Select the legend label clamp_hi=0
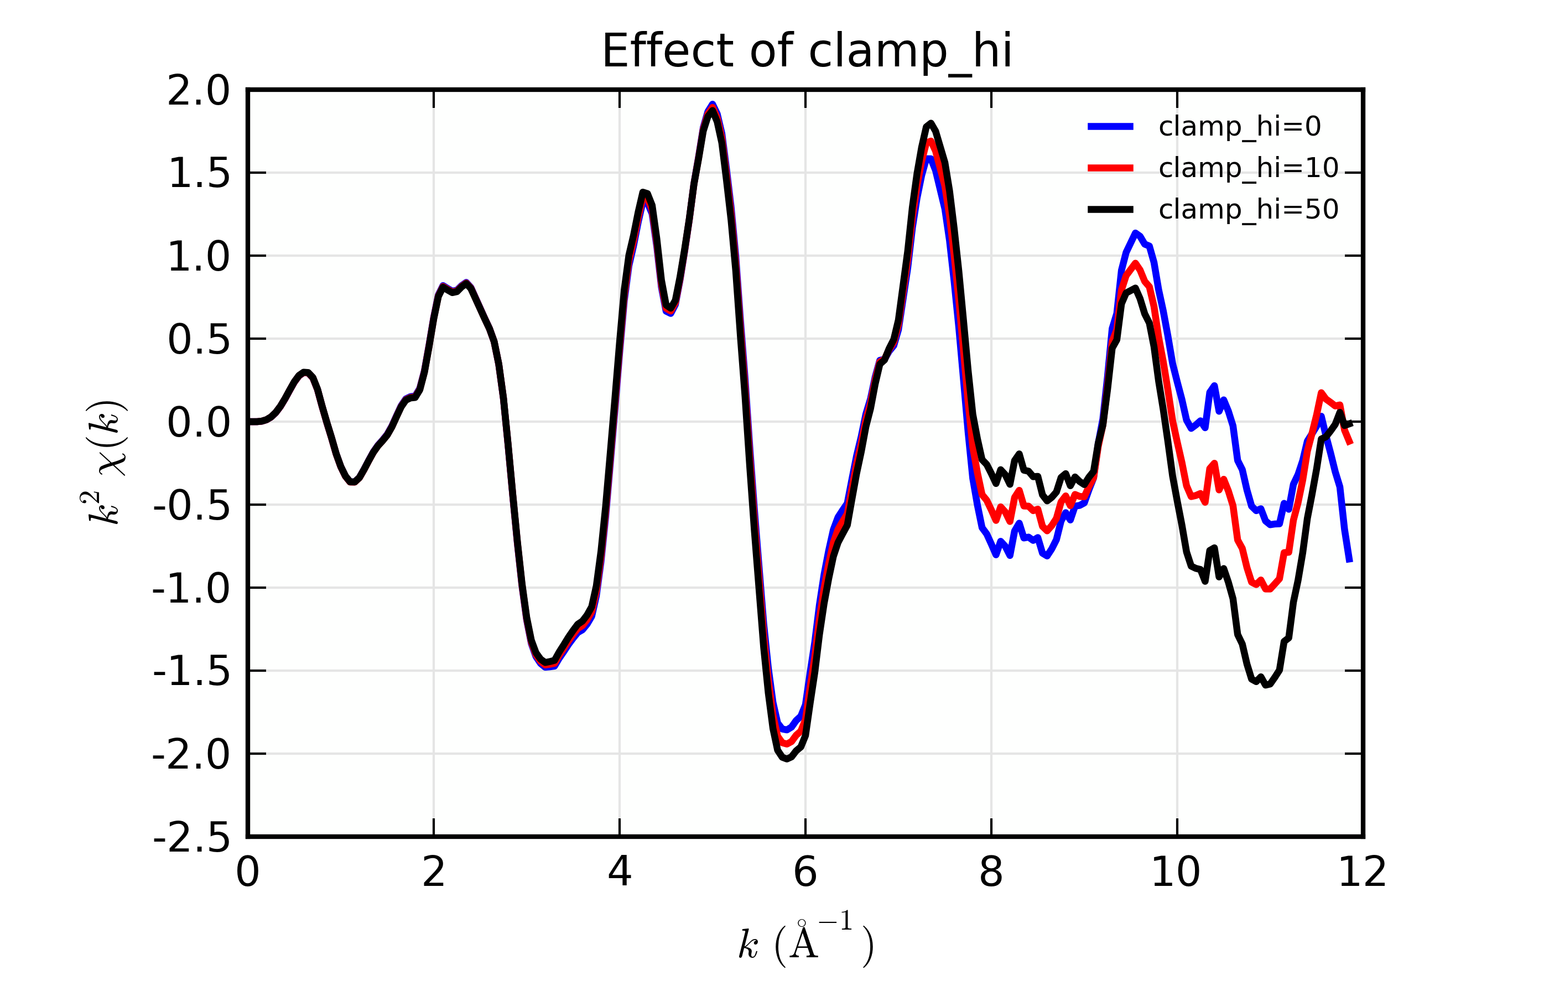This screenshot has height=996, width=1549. (1239, 127)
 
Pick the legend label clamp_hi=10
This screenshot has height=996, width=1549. (1247, 168)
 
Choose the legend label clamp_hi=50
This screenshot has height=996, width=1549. (1247, 210)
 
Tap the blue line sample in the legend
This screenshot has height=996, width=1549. (1110, 127)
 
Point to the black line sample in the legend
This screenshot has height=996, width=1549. (1110, 210)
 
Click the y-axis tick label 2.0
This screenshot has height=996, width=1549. (199, 91)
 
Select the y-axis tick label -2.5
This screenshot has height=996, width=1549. (191, 839)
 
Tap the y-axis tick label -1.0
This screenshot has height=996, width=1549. (191, 589)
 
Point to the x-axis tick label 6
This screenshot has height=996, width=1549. (805, 873)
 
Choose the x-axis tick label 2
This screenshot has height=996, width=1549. (433, 873)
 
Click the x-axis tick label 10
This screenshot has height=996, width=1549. (1176, 873)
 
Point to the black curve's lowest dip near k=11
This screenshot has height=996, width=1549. (1266, 685)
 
